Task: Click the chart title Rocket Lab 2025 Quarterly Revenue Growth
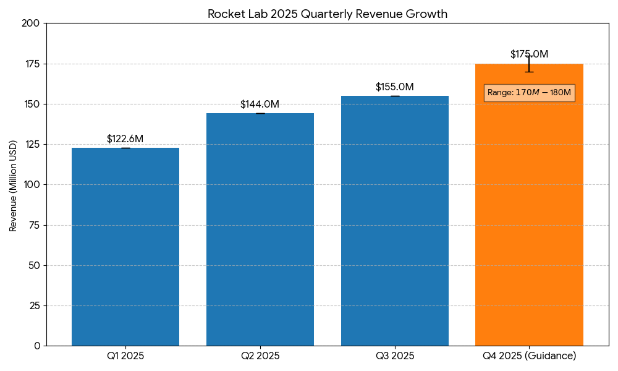[327, 14]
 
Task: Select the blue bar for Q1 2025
[125, 247]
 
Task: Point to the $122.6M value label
[125, 139]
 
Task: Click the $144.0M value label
[260, 104]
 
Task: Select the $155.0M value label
[395, 87]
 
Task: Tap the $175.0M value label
[529, 54]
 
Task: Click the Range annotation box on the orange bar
[529, 93]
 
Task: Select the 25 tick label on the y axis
[34, 305]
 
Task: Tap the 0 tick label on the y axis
[36, 346]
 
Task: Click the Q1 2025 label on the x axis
[125, 356]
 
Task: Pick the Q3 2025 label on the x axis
[395, 356]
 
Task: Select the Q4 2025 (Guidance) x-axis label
[529, 356]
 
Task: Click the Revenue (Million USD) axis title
[13, 185]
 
